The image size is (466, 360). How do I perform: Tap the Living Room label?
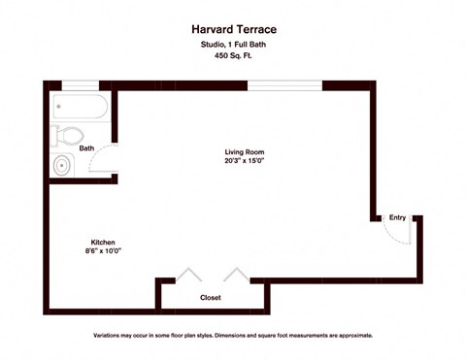point(245,152)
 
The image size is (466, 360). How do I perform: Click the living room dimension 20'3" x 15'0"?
point(245,162)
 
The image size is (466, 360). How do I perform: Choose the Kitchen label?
point(105,242)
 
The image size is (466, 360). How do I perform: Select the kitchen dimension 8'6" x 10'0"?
point(105,251)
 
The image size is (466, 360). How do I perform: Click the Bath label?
point(86,148)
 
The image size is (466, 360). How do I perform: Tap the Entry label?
point(398,217)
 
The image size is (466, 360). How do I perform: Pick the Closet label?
point(211,297)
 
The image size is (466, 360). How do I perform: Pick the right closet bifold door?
point(235,275)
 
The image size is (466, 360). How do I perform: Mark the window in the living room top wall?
point(285,86)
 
